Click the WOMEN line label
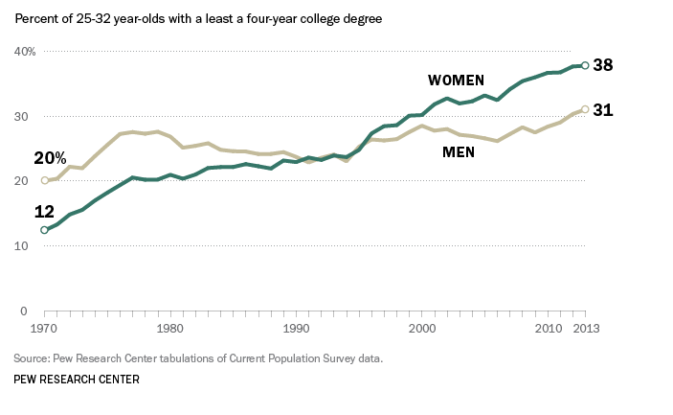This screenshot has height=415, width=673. pyautogui.click(x=456, y=80)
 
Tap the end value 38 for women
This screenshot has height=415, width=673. pyautogui.click(x=602, y=65)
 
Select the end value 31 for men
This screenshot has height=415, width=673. pyautogui.click(x=602, y=110)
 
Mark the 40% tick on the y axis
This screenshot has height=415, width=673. pyautogui.click(x=24, y=51)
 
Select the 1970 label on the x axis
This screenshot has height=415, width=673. pyautogui.click(x=44, y=330)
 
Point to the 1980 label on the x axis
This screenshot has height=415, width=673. pyautogui.click(x=170, y=330)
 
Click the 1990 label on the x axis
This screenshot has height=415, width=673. pyautogui.click(x=297, y=330)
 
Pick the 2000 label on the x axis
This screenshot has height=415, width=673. pyautogui.click(x=422, y=330)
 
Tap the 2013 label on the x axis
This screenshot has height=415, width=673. pyautogui.click(x=585, y=330)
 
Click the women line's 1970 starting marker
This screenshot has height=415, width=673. pyautogui.click(x=44, y=230)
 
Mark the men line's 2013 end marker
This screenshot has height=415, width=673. pyautogui.click(x=585, y=109)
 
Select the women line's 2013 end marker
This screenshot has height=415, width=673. pyautogui.click(x=585, y=65)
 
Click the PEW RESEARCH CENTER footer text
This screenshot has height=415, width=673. pyautogui.click(x=77, y=380)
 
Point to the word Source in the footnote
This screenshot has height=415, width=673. pyautogui.click(x=33, y=358)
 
